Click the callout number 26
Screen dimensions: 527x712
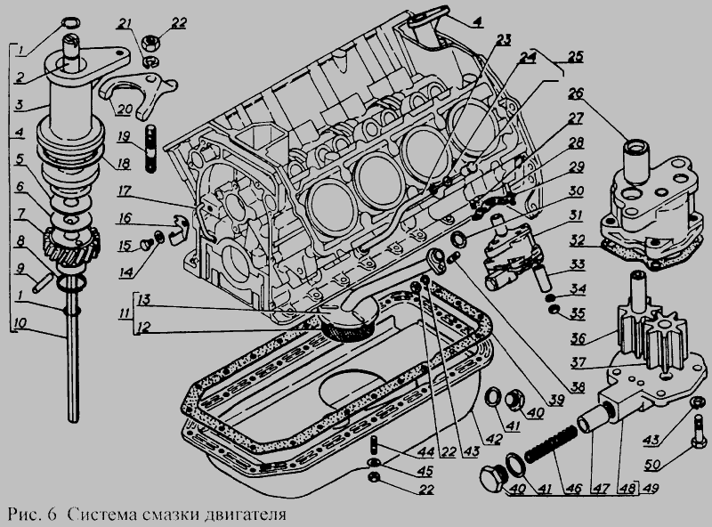pos(575,93)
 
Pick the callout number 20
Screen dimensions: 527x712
pos(124,109)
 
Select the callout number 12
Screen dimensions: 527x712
pos(142,327)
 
